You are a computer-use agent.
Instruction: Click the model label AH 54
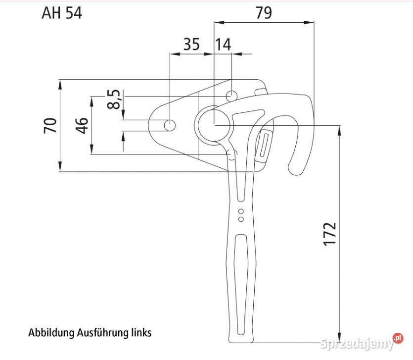point(62,13)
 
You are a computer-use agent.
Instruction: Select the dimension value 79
point(264,13)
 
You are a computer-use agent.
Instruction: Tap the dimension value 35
point(191,45)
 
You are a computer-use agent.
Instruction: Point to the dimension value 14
point(223,45)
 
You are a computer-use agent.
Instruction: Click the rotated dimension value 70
point(49,125)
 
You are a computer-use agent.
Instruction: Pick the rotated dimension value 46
point(82,125)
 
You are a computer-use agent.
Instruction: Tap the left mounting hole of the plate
point(170,125)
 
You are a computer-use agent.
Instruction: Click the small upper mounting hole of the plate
point(231,95)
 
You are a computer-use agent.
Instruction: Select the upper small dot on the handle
point(241,212)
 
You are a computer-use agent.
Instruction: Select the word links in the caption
point(141,332)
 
